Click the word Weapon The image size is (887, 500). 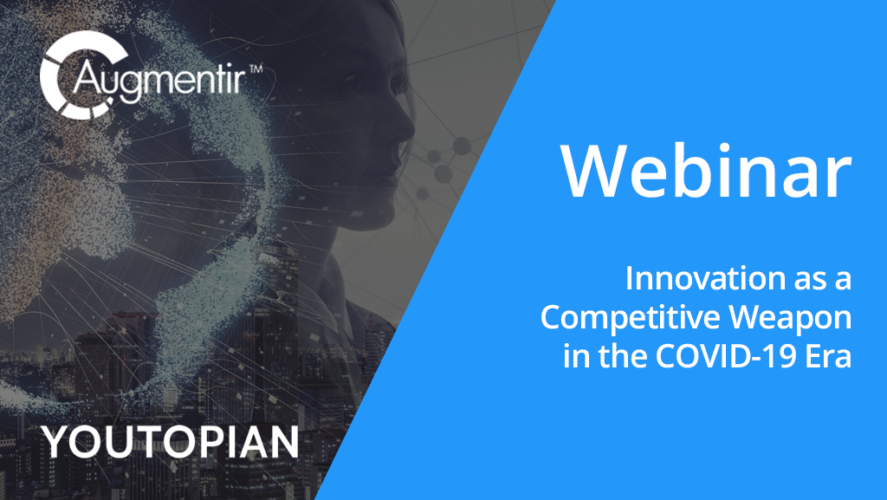pos(790,318)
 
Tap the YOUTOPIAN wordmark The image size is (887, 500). pos(171,442)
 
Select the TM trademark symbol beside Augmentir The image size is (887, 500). pos(256,69)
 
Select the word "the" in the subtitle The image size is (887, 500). pos(624,356)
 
